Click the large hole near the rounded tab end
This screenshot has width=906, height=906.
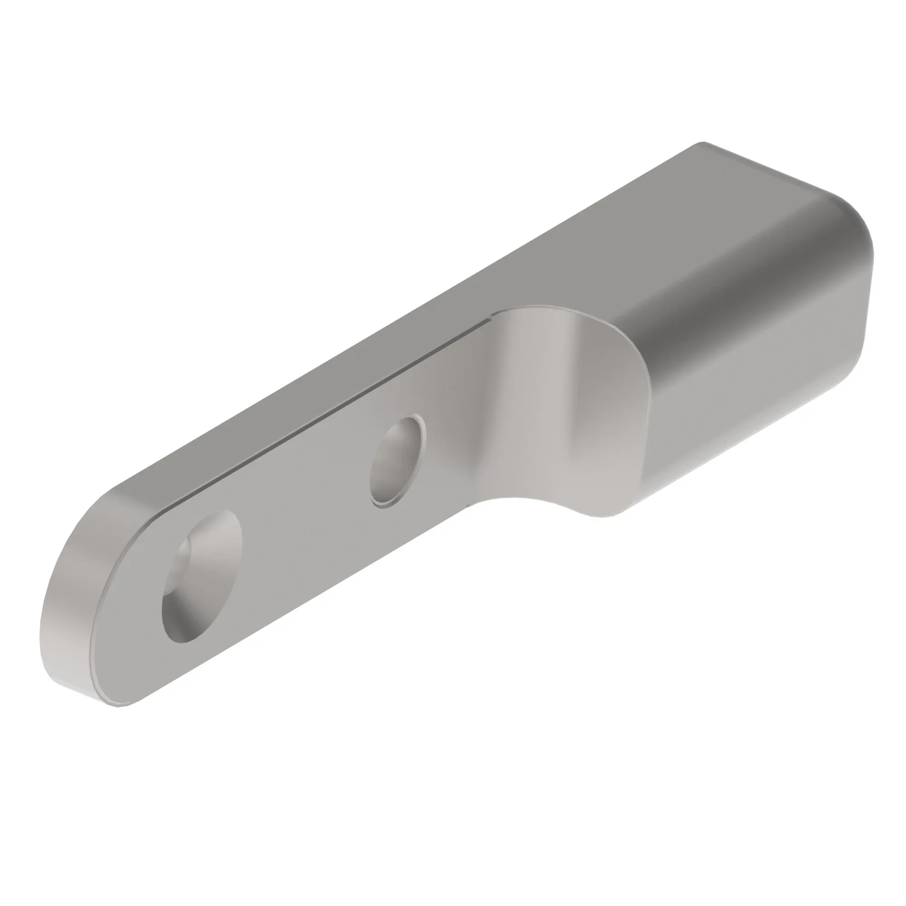tap(202, 576)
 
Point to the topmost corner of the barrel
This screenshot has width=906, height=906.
tap(701, 143)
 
